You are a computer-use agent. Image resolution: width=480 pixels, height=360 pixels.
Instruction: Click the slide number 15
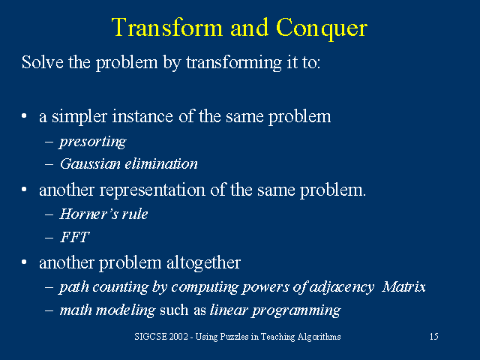coord(433,337)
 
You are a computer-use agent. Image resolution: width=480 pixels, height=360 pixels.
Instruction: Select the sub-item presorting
coord(92,141)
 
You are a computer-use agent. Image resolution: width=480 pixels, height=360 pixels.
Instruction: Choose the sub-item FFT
coord(74,237)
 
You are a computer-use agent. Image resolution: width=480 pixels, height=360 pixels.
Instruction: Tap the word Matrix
coord(403,286)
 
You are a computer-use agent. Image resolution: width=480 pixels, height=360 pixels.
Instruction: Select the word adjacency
coord(343,286)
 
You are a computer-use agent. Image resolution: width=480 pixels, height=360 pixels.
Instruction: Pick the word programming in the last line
coord(300,310)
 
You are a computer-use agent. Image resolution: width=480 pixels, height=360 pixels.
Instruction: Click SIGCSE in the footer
coord(143,337)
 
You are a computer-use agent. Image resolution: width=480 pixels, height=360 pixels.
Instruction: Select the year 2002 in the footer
coord(177,337)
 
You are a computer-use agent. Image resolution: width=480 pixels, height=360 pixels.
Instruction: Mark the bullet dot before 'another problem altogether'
coord(25,263)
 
